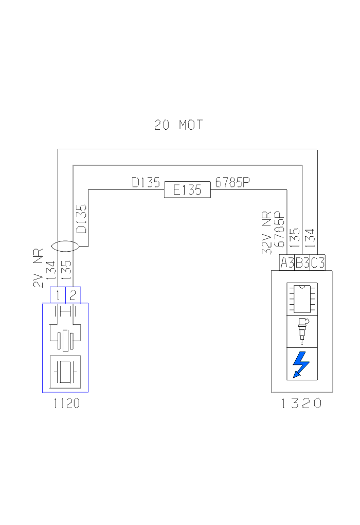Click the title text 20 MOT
[x=178, y=125]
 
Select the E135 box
[x=187, y=190]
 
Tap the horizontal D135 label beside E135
[x=146, y=183]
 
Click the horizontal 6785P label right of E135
[x=232, y=183]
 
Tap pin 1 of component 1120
[x=58, y=295]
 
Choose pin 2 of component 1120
[x=73, y=295]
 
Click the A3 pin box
[x=286, y=263]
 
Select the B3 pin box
[x=302, y=263]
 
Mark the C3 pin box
[x=318, y=263]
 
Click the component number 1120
[x=67, y=404]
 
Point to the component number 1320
[x=302, y=404]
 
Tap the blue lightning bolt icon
[x=301, y=363]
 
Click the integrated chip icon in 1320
[x=302, y=298]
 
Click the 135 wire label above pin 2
[x=66, y=270]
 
